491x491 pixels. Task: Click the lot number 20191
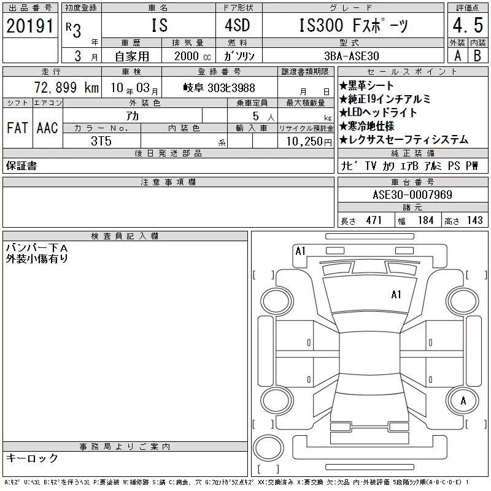[29, 26]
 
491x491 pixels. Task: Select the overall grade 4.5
[468, 25]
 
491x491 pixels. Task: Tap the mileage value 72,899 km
[66, 87]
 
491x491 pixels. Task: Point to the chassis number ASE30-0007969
[412, 195]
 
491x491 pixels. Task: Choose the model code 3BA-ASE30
[352, 56]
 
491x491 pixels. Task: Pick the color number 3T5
[101, 141]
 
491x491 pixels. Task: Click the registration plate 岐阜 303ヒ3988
[219, 88]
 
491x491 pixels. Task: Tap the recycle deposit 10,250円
[309, 142]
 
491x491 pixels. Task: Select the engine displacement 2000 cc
[193, 56]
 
